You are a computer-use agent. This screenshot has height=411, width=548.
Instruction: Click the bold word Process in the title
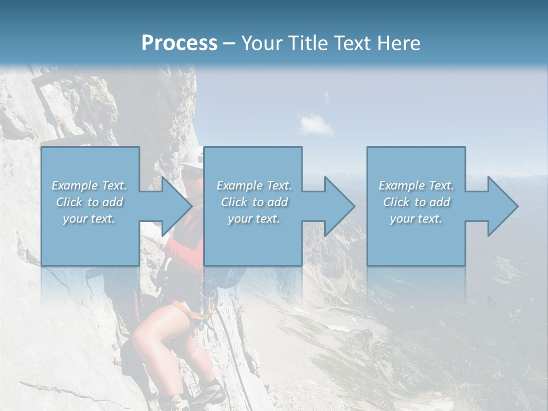coord(179,43)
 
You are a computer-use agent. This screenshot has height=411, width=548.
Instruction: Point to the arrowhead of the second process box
coord(339,206)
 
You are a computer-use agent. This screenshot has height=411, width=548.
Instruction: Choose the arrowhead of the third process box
coord(502,206)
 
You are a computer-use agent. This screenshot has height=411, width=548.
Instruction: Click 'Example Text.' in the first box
coord(89,186)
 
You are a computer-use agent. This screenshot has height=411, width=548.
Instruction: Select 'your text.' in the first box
coord(89,219)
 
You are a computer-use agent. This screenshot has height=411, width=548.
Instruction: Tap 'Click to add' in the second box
coord(254,202)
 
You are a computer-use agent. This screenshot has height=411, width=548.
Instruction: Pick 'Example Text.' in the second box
coord(254,186)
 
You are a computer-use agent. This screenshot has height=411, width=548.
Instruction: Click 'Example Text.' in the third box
coord(416,186)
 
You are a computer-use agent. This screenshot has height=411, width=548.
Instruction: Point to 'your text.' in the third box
coord(416,219)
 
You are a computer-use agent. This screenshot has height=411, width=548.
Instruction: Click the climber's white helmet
coord(194,159)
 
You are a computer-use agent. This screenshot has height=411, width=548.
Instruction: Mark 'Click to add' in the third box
coord(416,202)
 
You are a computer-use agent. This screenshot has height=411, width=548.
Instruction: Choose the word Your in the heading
coord(261,43)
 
